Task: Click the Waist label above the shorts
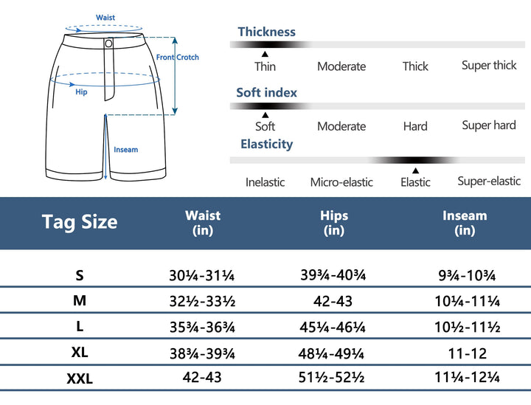tap(105, 18)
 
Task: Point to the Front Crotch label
tap(177, 57)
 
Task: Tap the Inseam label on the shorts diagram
tap(125, 150)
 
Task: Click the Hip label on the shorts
tap(81, 92)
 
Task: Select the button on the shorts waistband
tap(109, 44)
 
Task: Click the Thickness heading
tap(266, 32)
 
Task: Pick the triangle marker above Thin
tap(265, 54)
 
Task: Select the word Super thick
tap(489, 65)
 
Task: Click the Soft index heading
tap(266, 92)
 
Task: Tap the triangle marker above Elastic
tap(415, 170)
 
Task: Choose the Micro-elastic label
tap(341, 182)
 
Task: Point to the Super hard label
tap(489, 125)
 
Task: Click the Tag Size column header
tap(80, 222)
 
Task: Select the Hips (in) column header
tap(334, 223)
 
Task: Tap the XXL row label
tap(80, 378)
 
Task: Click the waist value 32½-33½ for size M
tap(202, 301)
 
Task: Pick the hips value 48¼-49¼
tap(333, 352)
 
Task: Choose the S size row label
tap(80, 276)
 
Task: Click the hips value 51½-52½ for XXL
tap(333, 378)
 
